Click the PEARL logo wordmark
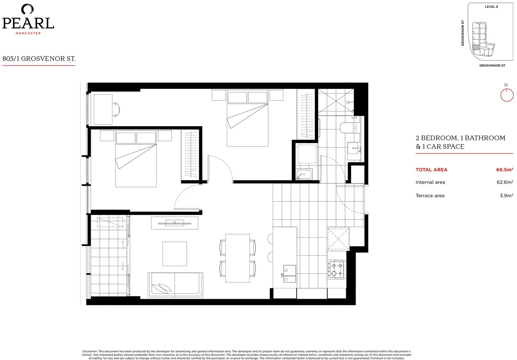28,23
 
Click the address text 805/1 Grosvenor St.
39,59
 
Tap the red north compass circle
507,95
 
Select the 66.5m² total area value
504,170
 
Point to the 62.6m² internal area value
504,182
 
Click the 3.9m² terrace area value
506,196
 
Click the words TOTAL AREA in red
431,170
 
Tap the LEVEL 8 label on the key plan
491,7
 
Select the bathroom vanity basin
354,148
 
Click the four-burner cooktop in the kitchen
336,269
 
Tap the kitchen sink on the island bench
289,273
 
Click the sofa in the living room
175,284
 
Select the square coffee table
174,254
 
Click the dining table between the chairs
237,258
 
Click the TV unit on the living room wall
174,223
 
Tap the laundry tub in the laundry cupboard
304,174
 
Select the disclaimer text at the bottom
246,355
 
